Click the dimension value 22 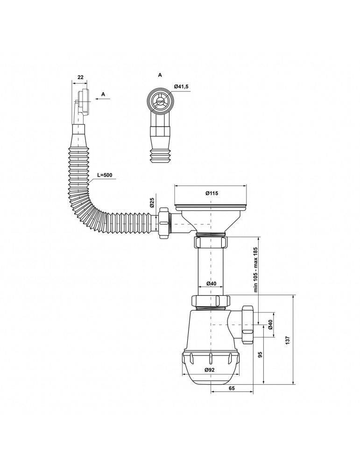click(80, 77)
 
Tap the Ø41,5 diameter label click(181, 87)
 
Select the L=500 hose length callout click(104, 175)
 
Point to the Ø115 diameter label click(212, 193)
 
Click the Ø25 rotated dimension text click(151, 203)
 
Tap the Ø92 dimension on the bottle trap click(210, 370)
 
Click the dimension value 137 click(287, 340)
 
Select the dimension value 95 click(260, 354)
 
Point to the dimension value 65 click(232, 388)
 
